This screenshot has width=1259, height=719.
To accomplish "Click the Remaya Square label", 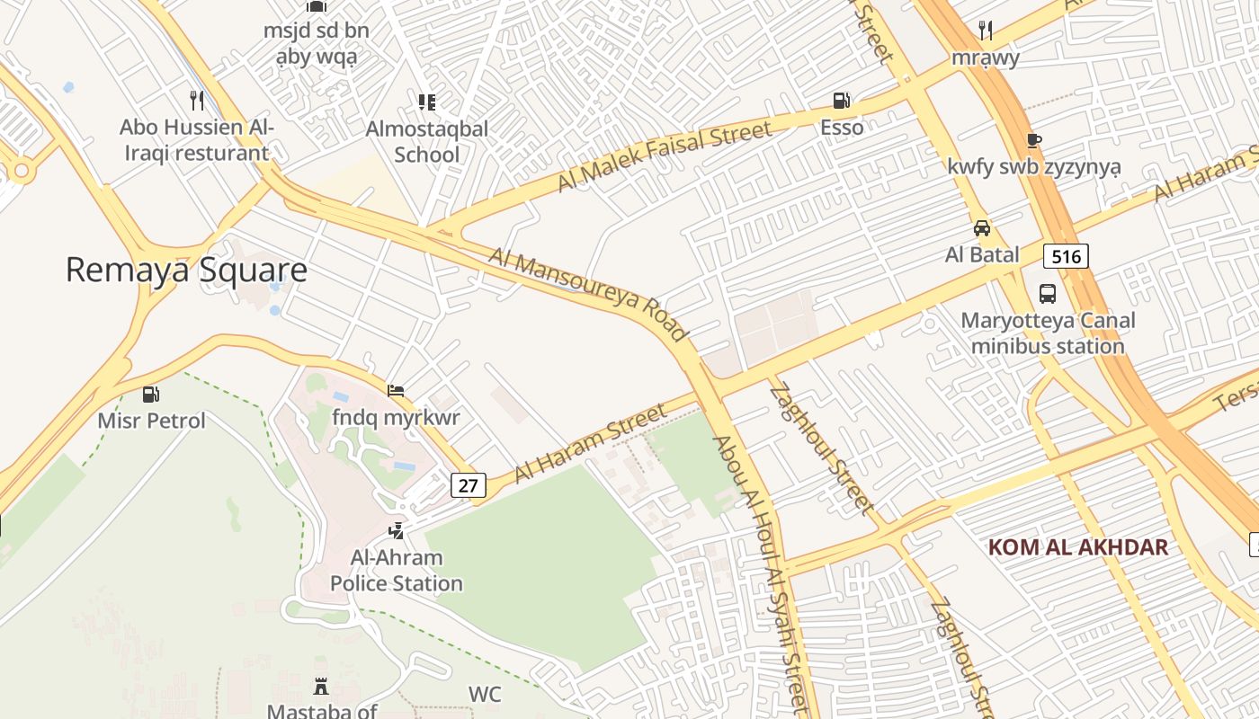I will (x=186, y=270).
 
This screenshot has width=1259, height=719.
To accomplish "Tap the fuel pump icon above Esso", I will (x=842, y=101).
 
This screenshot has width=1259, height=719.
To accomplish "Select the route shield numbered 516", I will (x=1066, y=256).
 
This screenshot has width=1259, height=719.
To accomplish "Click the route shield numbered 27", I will (x=468, y=485).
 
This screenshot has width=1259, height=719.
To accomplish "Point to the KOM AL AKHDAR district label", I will (x=1077, y=546).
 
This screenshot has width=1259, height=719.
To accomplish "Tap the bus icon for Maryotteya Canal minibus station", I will (x=1048, y=293).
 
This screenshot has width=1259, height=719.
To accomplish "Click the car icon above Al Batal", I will (x=982, y=228).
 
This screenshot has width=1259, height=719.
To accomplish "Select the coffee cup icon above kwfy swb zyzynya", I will (x=1034, y=140).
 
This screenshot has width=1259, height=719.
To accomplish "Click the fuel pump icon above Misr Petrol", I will (x=151, y=394).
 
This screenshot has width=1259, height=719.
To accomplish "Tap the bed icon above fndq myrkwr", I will (x=396, y=391).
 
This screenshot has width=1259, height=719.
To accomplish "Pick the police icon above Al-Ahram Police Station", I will (x=396, y=531).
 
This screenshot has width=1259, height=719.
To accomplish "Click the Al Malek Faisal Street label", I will (x=664, y=156).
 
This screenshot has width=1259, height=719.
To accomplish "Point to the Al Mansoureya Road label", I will (x=588, y=294).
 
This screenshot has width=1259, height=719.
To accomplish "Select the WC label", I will (x=485, y=694).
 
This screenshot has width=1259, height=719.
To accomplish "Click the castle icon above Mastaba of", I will (x=321, y=688).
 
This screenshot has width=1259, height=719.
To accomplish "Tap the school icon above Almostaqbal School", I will (x=427, y=102).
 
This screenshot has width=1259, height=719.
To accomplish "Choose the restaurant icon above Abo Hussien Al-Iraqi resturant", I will (x=197, y=100).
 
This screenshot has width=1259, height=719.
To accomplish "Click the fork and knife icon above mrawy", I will (x=986, y=31).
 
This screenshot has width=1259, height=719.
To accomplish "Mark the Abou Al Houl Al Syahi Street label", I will (x=760, y=575).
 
